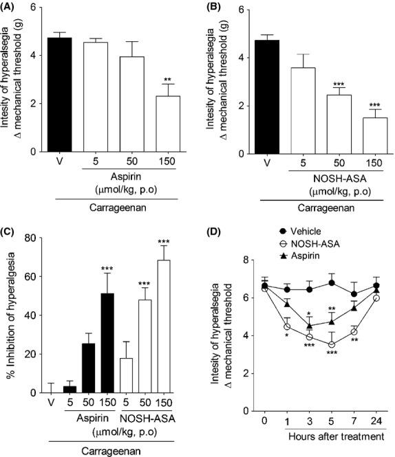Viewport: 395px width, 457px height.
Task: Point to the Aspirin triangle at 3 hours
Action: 310,326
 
